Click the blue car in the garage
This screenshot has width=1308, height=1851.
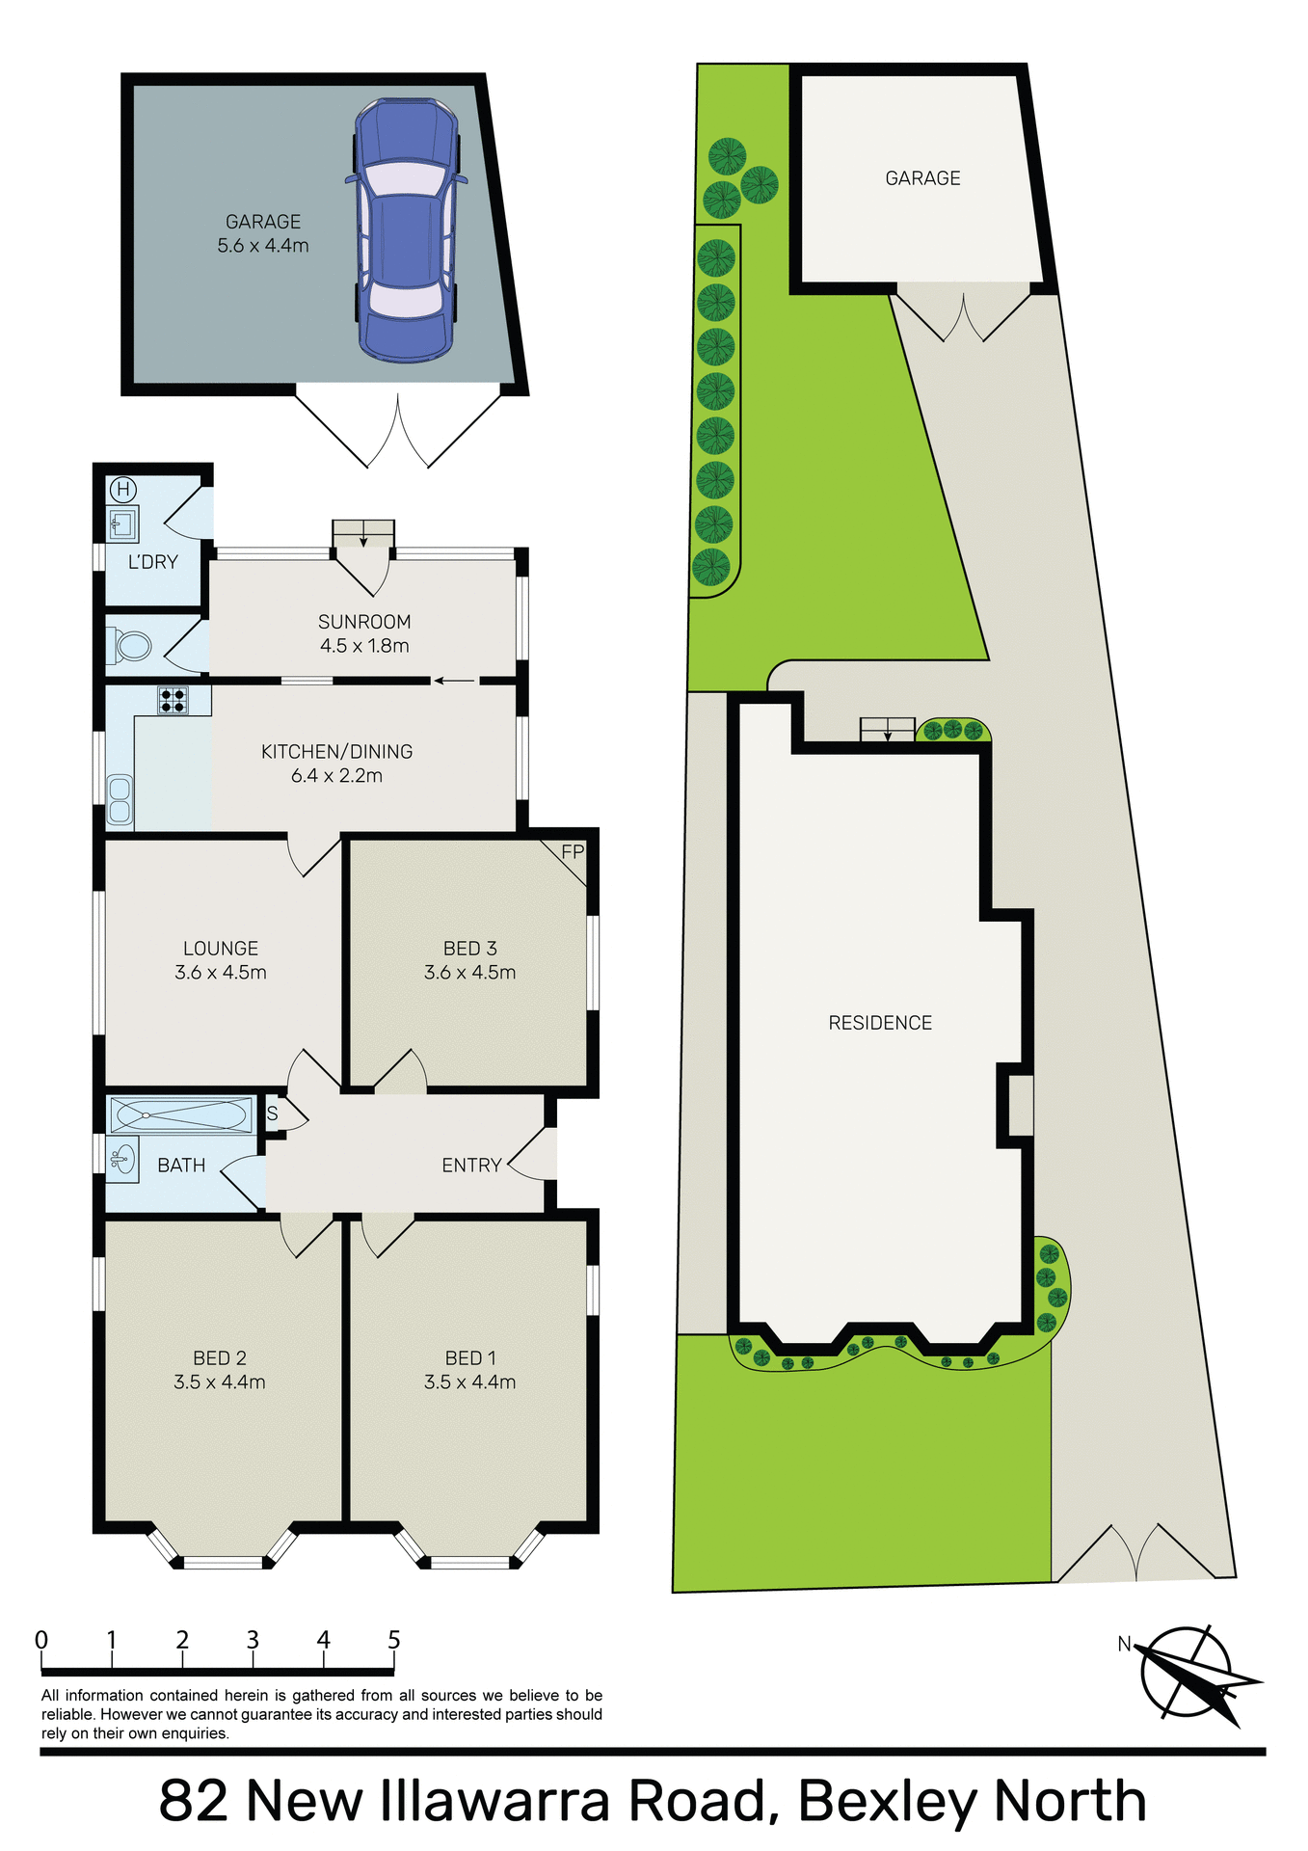[x=406, y=230]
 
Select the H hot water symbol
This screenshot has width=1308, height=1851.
[x=122, y=489]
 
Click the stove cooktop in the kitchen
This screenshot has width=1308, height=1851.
[x=174, y=700]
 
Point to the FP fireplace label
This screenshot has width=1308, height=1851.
[x=573, y=852]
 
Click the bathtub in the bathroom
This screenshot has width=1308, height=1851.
[x=180, y=1114]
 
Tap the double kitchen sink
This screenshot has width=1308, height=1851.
[x=120, y=801]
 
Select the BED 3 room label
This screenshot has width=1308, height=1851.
[x=470, y=949]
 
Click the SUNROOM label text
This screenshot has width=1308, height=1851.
[x=364, y=622]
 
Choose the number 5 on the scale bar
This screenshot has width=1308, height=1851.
[x=393, y=1640]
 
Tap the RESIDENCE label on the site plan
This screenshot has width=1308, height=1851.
[x=880, y=1023]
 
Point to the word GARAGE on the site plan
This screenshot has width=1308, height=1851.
[x=922, y=178]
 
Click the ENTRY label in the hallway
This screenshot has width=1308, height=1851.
[x=471, y=1166]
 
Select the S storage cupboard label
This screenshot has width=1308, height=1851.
[x=273, y=1114]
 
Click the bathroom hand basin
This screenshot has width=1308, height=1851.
[x=121, y=1159]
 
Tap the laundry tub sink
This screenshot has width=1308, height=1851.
[x=122, y=524]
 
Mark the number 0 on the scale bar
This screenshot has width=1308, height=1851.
[x=41, y=1640]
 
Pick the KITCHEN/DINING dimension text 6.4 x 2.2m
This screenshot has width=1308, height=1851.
[x=336, y=776]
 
